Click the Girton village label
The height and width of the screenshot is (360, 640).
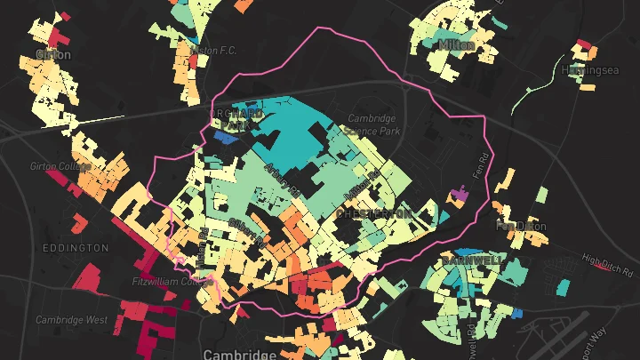(x=52, y=53)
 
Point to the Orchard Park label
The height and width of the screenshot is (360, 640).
(x=236, y=119)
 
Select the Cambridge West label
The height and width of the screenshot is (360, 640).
(x=72, y=319)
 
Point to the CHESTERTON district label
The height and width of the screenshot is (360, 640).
(x=373, y=214)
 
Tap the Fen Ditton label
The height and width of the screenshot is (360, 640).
(x=522, y=226)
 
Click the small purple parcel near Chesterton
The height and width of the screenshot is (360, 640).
(x=460, y=193)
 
